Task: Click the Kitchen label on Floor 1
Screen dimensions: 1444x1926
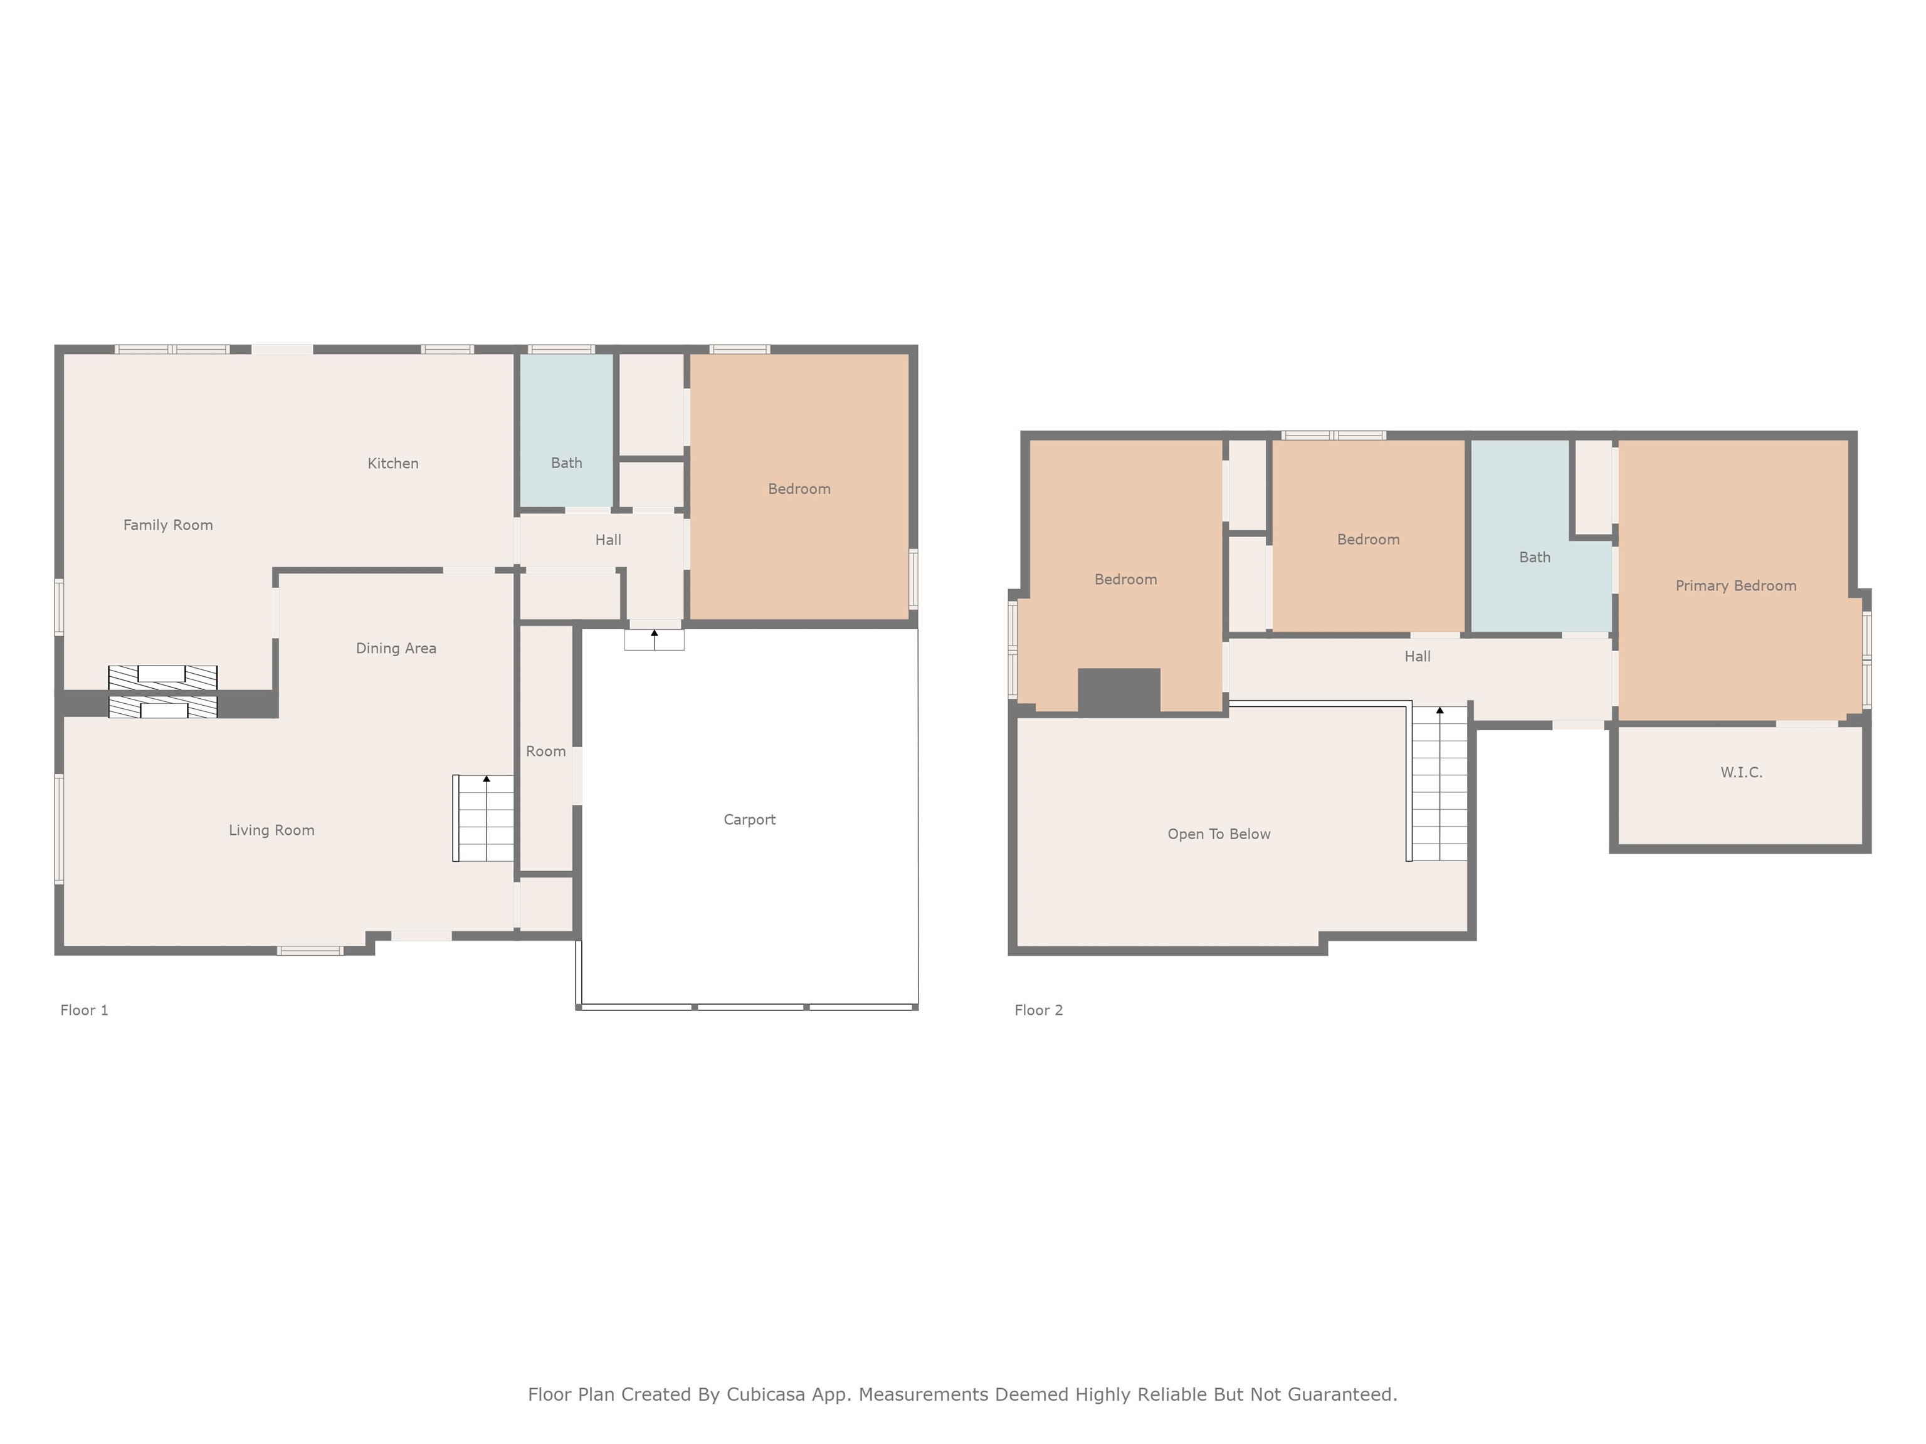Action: click(x=392, y=463)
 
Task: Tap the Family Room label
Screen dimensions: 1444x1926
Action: click(x=168, y=525)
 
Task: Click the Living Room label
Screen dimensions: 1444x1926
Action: click(x=271, y=830)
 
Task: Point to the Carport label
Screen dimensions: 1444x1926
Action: click(x=749, y=819)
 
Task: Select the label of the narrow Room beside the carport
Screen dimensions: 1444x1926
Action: click(x=546, y=751)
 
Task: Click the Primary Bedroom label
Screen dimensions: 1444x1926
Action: click(x=1735, y=586)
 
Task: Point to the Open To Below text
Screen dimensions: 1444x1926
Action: click(x=1218, y=834)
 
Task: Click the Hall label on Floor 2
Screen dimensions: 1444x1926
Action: click(x=1418, y=656)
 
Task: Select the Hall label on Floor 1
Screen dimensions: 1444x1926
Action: click(x=608, y=540)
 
